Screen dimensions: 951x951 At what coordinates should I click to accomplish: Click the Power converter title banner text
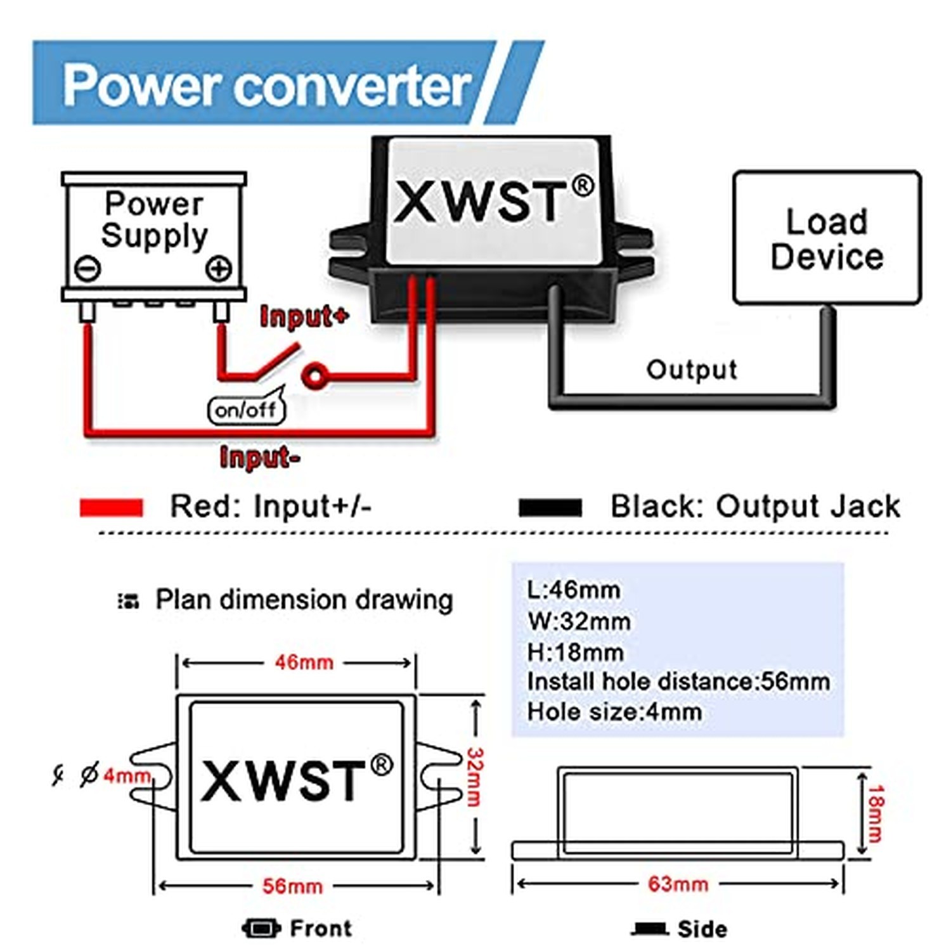pyautogui.click(x=267, y=85)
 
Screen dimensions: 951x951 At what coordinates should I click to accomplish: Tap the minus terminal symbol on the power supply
pyautogui.click(x=87, y=268)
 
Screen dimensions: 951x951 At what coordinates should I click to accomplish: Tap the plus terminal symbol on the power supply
pyautogui.click(x=219, y=269)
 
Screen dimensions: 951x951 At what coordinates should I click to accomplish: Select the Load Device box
pyautogui.click(x=827, y=238)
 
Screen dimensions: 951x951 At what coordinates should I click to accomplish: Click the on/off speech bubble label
pyautogui.click(x=247, y=410)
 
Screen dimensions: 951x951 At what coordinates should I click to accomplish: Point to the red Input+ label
pyautogui.click(x=304, y=316)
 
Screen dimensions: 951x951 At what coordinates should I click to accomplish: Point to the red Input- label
pyautogui.click(x=260, y=456)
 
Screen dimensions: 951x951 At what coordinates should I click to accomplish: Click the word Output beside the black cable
pyautogui.click(x=692, y=369)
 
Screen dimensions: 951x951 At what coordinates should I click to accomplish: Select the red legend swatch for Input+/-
pyautogui.click(x=112, y=507)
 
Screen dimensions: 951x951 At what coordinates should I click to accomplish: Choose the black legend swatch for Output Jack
pyautogui.click(x=550, y=507)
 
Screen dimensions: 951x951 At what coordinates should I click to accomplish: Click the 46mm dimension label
pyautogui.click(x=304, y=663)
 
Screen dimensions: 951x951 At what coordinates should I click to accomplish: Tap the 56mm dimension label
pyautogui.click(x=292, y=886)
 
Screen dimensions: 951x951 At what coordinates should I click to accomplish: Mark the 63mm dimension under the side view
pyautogui.click(x=678, y=884)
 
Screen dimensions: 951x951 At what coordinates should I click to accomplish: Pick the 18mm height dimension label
pyautogui.click(x=876, y=813)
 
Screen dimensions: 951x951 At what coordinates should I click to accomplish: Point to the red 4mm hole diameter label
pyautogui.click(x=127, y=775)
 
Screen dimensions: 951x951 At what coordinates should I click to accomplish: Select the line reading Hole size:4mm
pyautogui.click(x=614, y=712)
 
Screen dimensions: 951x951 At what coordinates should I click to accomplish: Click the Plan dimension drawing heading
pyautogui.click(x=304, y=600)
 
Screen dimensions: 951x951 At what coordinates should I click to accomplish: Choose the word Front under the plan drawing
pyautogui.click(x=321, y=928)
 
